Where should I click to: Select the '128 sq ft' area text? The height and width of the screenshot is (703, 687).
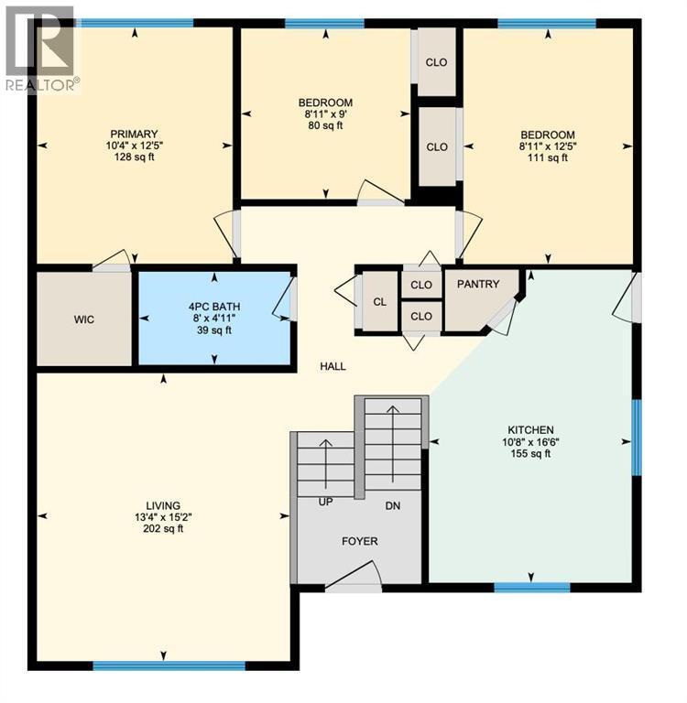[x=135, y=157]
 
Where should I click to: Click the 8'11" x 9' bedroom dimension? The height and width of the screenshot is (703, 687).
[x=325, y=114]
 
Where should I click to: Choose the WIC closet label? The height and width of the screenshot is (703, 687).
[x=85, y=319]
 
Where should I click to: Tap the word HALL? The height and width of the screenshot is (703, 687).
[x=333, y=366]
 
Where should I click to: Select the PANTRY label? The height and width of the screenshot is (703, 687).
[x=479, y=285]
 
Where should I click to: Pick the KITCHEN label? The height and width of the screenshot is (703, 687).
[x=531, y=430]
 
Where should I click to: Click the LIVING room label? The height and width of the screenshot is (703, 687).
[x=163, y=505]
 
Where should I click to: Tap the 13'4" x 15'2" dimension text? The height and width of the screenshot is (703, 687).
[x=163, y=517]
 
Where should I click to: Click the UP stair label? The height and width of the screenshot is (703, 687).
[x=325, y=503]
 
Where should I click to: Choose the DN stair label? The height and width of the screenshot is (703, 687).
[x=393, y=505]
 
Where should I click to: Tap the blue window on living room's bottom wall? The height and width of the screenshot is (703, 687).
[x=169, y=665]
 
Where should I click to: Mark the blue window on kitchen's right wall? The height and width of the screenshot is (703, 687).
[x=637, y=438]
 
